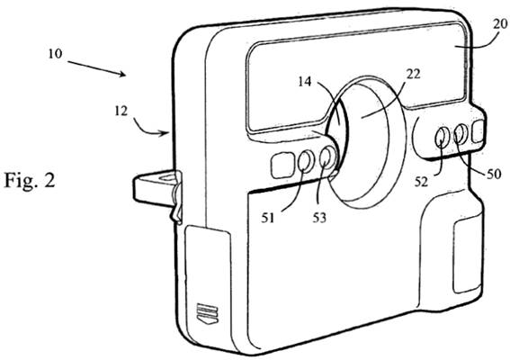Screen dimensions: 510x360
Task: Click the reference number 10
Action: point(55,54)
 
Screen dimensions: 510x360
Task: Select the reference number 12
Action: point(121,112)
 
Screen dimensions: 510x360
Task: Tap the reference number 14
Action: point(305,82)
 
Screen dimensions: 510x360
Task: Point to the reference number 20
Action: point(501,24)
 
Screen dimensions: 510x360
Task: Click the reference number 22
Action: point(414,74)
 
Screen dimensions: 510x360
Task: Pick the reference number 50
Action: point(494,175)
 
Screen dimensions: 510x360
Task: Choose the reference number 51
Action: point(268,218)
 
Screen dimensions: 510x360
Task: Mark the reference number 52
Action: point(421,182)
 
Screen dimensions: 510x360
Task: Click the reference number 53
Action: point(319,218)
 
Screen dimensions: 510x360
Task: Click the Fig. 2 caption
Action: point(30,180)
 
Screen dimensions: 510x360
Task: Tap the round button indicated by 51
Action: point(306,161)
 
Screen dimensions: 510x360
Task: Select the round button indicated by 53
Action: point(327,157)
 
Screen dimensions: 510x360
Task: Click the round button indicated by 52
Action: point(442,137)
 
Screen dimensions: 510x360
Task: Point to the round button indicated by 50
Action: point(461,132)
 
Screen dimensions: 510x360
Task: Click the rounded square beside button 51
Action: point(282,166)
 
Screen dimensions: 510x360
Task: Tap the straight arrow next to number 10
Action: point(96,68)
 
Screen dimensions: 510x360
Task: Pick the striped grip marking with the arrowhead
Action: point(208,313)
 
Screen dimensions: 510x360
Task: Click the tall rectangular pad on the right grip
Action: point(467,255)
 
